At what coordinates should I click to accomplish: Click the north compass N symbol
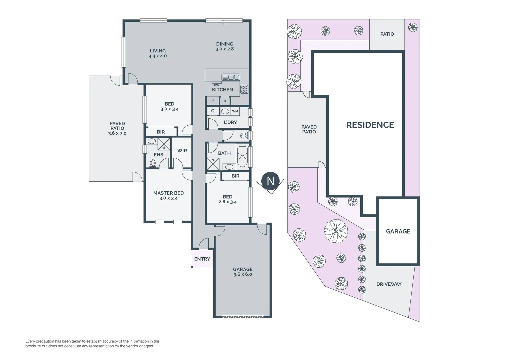click(x=270, y=181)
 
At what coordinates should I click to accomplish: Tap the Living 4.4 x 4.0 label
click(x=158, y=53)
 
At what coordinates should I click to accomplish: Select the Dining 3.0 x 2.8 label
click(x=225, y=46)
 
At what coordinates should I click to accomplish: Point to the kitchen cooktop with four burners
click(x=244, y=89)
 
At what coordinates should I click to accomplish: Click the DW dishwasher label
click(x=217, y=85)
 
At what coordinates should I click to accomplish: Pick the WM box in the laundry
click(x=235, y=111)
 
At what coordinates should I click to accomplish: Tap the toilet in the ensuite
click(x=153, y=163)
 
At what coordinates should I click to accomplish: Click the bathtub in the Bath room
click(x=242, y=156)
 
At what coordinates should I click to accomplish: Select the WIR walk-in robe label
click(x=182, y=151)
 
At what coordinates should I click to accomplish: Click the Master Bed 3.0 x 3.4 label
click(x=168, y=195)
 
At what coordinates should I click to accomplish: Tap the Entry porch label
click(x=202, y=259)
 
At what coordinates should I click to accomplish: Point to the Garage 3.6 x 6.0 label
click(x=243, y=272)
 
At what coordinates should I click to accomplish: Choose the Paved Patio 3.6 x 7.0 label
click(x=117, y=128)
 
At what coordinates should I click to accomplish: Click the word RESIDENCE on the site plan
click(x=370, y=125)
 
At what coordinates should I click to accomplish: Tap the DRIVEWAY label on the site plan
click(x=389, y=284)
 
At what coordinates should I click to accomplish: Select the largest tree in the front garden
click(x=336, y=231)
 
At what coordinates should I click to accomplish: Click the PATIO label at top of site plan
click(x=387, y=34)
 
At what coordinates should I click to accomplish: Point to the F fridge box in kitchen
click(x=213, y=101)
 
